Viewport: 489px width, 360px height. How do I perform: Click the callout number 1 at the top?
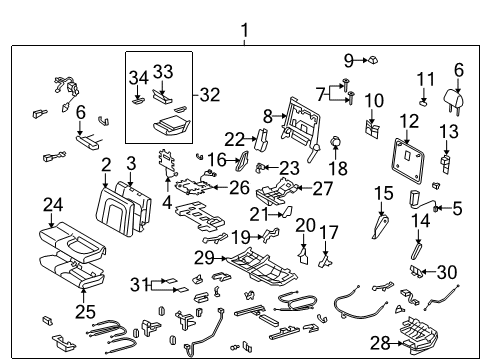(x=244, y=32)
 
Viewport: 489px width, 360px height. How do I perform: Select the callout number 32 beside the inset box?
(x=208, y=95)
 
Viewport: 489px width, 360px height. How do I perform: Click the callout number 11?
(x=426, y=79)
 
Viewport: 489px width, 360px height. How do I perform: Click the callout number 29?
(x=203, y=259)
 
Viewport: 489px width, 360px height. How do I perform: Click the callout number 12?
(x=409, y=122)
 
